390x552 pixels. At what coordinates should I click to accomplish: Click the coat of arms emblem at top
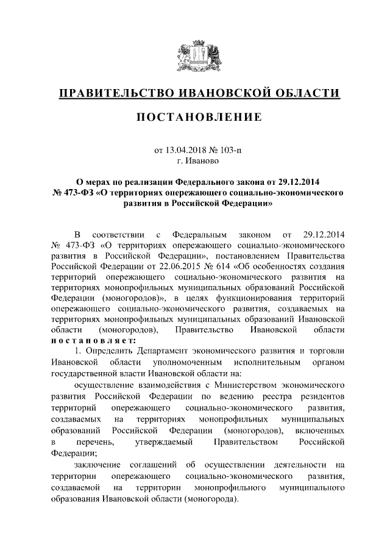click(194, 57)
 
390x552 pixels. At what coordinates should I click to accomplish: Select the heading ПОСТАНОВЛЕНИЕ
click(195, 117)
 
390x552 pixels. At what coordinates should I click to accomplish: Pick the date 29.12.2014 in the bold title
click(302, 182)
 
